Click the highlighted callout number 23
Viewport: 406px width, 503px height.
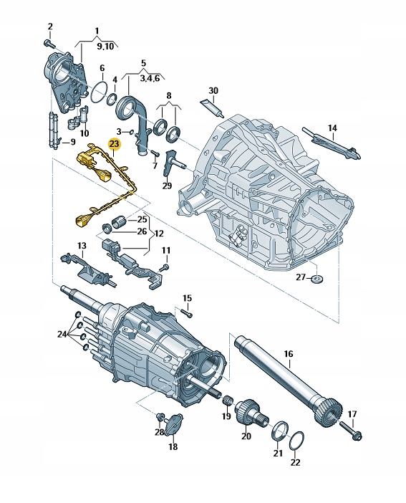(113, 144)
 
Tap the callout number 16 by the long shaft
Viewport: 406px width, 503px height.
(289, 353)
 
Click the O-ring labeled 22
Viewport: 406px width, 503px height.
(299, 442)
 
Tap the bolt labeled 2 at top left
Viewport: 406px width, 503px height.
(50, 44)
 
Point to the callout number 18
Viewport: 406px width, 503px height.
(173, 446)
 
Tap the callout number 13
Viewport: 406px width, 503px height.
(81, 246)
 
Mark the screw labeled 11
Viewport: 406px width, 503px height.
(164, 267)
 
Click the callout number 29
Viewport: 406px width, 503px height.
(167, 186)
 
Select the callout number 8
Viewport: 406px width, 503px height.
(169, 95)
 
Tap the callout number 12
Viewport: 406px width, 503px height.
(158, 234)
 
